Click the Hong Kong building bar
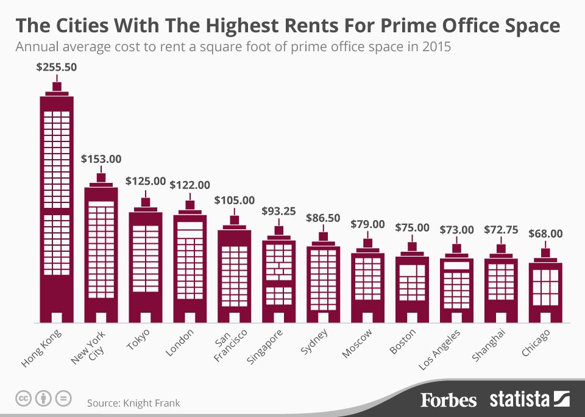tap(57, 207)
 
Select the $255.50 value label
tap(57, 68)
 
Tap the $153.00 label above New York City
tap(101, 159)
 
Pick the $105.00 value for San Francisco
tap(235, 200)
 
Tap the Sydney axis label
tap(314, 341)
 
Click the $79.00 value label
tap(367, 224)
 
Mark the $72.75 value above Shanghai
tap(501, 230)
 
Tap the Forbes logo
tap(448, 400)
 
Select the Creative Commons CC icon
tap(23, 399)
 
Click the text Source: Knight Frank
tap(133, 403)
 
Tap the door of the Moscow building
tap(367, 317)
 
